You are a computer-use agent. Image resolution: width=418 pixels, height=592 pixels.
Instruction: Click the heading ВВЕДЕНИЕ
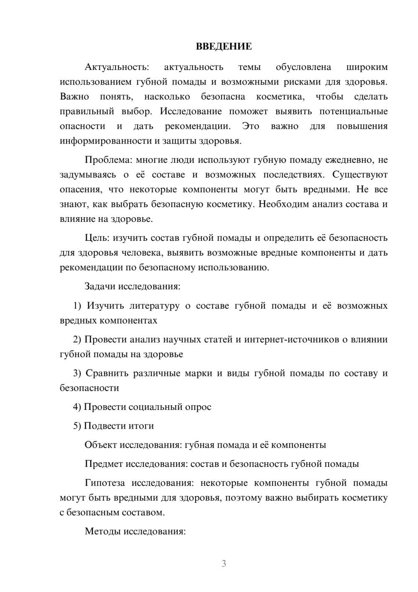click(x=224, y=46)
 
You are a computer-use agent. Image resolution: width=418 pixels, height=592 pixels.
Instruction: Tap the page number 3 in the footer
click(x=224, y=564)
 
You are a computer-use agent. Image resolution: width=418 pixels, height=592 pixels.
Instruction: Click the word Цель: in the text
click(x=97, y=238)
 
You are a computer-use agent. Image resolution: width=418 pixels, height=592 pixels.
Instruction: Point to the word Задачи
click(x=100, y=286)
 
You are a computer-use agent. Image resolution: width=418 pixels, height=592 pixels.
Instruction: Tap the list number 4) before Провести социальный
click(x=77, y=407)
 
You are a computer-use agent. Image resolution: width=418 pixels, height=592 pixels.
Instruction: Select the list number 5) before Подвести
click(x=77, y=426)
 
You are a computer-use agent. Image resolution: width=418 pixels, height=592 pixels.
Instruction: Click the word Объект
click(x=101, y=445)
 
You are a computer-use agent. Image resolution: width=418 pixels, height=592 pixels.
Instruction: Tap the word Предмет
click(x=104, y=464)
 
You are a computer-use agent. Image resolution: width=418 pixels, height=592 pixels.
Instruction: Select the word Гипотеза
click(x=104, y=483)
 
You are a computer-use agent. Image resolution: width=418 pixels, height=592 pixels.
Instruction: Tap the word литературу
click(x=154, y=306)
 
